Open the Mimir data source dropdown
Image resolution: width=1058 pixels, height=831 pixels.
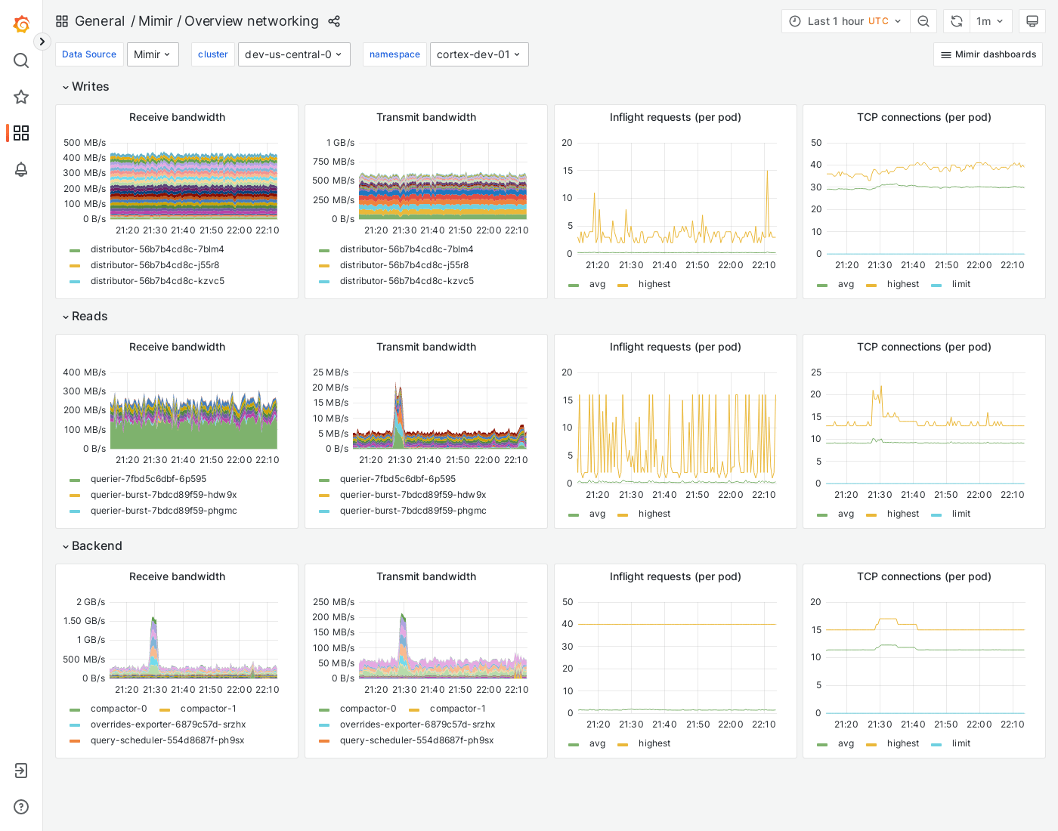pyautogui.click(x=153, y=54)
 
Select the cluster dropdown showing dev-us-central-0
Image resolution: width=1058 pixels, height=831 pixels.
pyautogui.click(x=294, y=54)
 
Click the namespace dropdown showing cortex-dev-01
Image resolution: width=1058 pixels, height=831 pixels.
pyautogui.click(x=479, y=54)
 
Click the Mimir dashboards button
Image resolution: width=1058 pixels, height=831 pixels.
pyautogui.click(x=988, y=54)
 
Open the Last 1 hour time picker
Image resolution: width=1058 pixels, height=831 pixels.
pyautogui.click(x=846, y=21)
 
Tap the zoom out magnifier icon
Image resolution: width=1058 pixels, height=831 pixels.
pyautogui.click(x=923, y=21)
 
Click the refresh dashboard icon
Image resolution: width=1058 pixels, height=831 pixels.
pyautogui.click(x=957, y=21)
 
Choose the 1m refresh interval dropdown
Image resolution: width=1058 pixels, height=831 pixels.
pyautogui.click(x=990, y=21)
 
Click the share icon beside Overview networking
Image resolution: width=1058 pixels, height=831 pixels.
pyautogui.click(x=334, y=21)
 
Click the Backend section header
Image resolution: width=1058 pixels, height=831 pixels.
pyautogui.click(x=97, y=546)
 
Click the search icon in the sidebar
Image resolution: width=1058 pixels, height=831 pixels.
pyautogui.click(x=21, y=60)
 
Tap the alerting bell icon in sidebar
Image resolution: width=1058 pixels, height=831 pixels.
pyautogui.click(x=21, y=169)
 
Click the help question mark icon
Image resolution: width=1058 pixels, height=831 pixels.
pyautogui.click(x=21, y=807)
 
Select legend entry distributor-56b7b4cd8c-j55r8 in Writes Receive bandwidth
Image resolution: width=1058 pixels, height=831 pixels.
pyautogui.click(x=154, y=265)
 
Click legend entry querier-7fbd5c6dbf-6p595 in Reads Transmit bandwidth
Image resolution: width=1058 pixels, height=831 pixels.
pyautogui.click(x=398, y=479)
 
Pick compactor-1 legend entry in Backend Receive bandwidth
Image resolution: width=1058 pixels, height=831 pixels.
pyautogui.click(x=208, y=709)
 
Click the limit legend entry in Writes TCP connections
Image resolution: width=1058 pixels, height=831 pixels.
pyautogui.click(x=961, y=284)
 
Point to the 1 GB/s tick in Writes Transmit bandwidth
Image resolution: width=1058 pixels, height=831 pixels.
pyautogui.click(x=340, y=143)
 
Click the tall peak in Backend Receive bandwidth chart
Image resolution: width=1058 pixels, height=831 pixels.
pyautogui.click(x=153, y=621)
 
